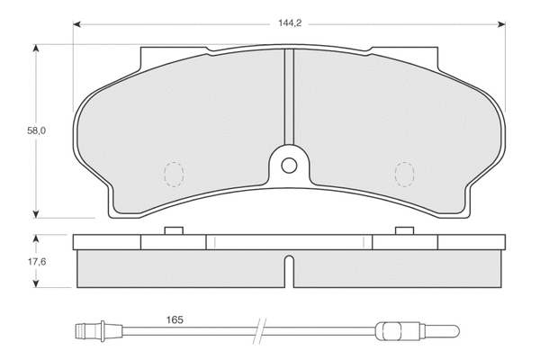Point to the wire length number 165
click(x=176, y=319)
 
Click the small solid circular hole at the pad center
click(x=288, y=166)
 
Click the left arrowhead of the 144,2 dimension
click(x=77, y=24)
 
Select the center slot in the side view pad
click(x=287, y=274)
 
